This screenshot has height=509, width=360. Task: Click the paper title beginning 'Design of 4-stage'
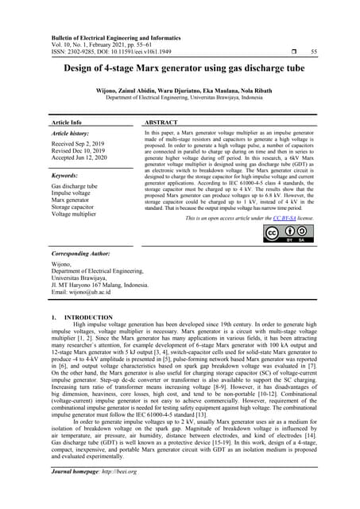coord(180,68)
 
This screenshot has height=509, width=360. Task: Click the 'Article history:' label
coord(72,135)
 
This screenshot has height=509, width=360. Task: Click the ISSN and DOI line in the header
coord(119,52)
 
